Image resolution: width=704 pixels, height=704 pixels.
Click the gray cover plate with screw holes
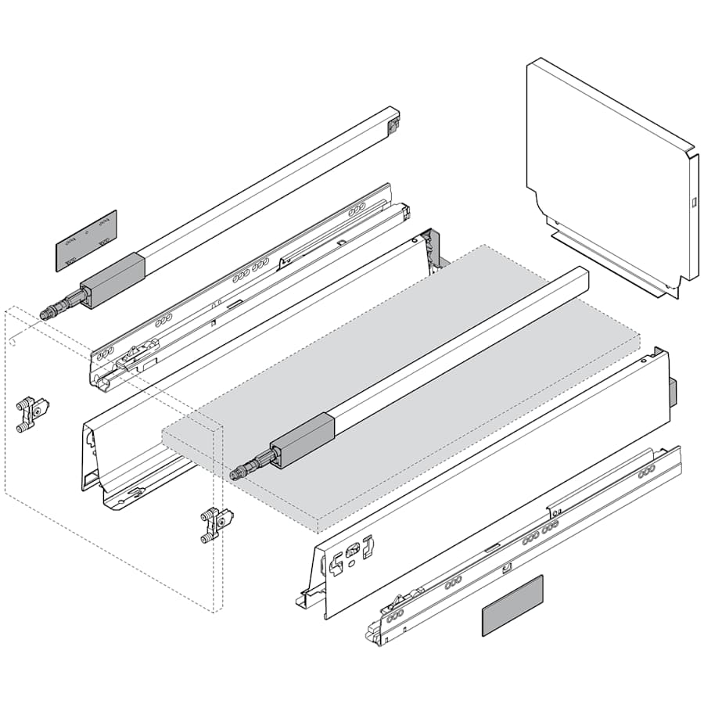86,240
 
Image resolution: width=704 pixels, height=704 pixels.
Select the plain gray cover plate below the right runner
512,605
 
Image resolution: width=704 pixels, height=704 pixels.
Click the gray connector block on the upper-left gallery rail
113,279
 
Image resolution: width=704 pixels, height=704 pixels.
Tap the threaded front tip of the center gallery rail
239,472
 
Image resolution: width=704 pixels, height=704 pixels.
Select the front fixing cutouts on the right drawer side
352,551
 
